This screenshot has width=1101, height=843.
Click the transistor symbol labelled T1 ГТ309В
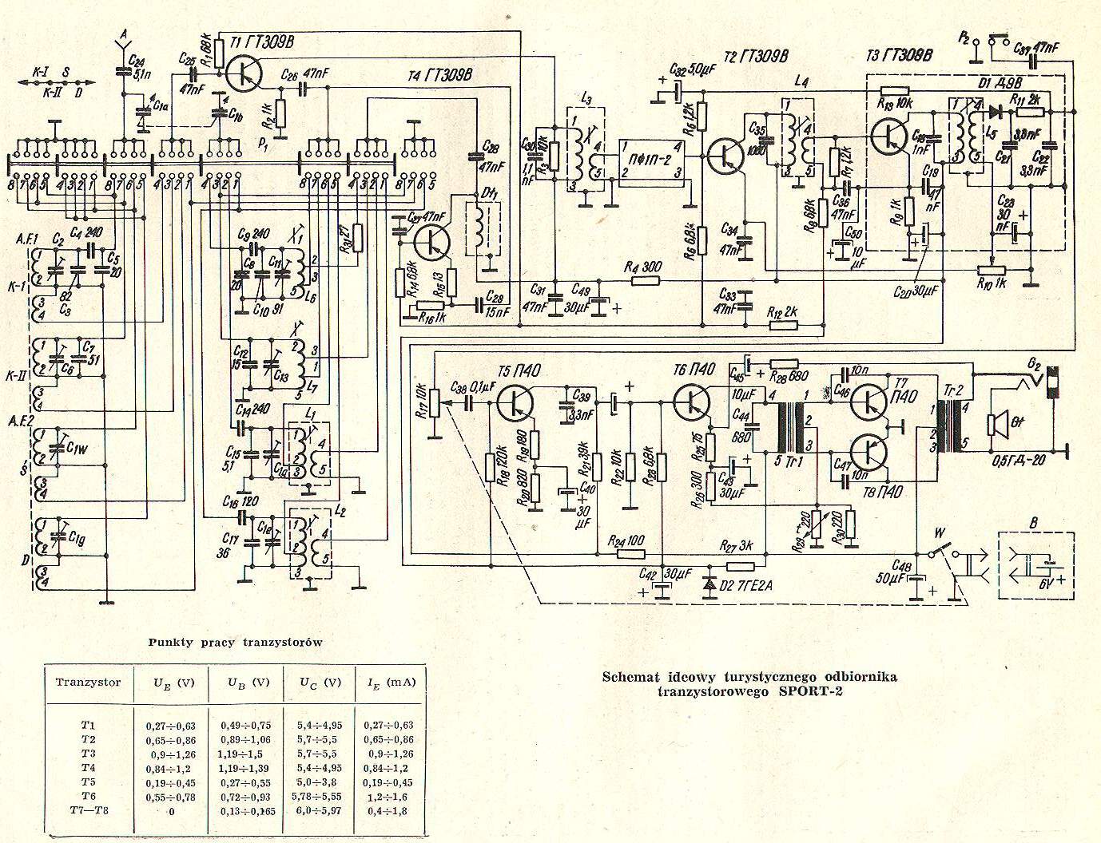pyautogui.click(x=242, y=73)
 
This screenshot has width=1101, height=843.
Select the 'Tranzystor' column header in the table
pyautogui.click(x=89, y=683)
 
